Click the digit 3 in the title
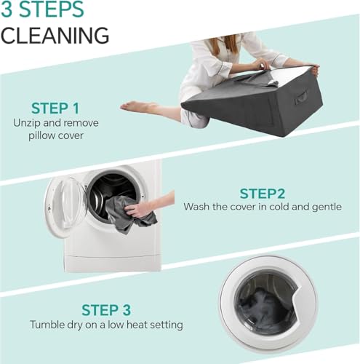tap(7, 9)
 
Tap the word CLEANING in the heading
tap(55, 36)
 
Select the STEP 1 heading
tap(55, 108)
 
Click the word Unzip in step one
tap(27, 123)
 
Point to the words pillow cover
tap(56, 135)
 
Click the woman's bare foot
tap(136, 106)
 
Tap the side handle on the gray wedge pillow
tap(301, 97)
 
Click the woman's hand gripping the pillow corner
tap(314, 69)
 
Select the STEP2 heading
tap(263, 194)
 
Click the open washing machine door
tap(64, 206)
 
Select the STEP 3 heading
tap(106, 310)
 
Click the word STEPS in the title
tap(52, 9)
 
